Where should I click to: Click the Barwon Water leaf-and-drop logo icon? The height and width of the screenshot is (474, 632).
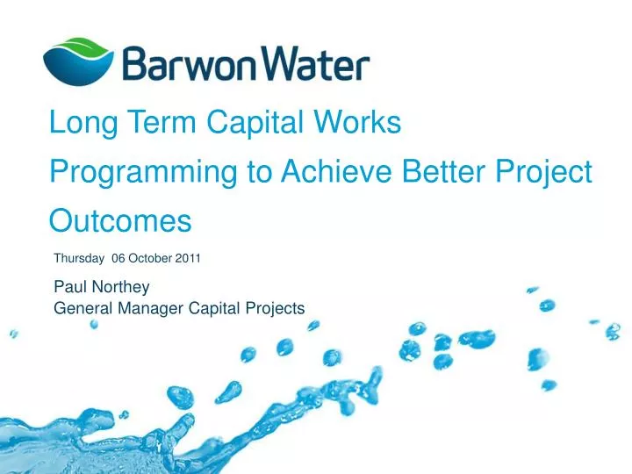click(x=77, y=60)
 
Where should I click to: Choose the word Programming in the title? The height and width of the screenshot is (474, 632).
click(x=145, y=173)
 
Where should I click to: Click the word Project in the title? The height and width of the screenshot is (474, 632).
click(x=545, y=173)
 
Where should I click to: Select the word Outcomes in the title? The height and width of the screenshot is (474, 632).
click(x=120, y=220)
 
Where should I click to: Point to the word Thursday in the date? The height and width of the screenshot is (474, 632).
click(x=79, y=259)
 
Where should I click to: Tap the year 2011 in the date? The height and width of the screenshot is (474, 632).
click(x=188, y=259)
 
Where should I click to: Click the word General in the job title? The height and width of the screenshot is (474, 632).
click(x=82, y=308)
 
